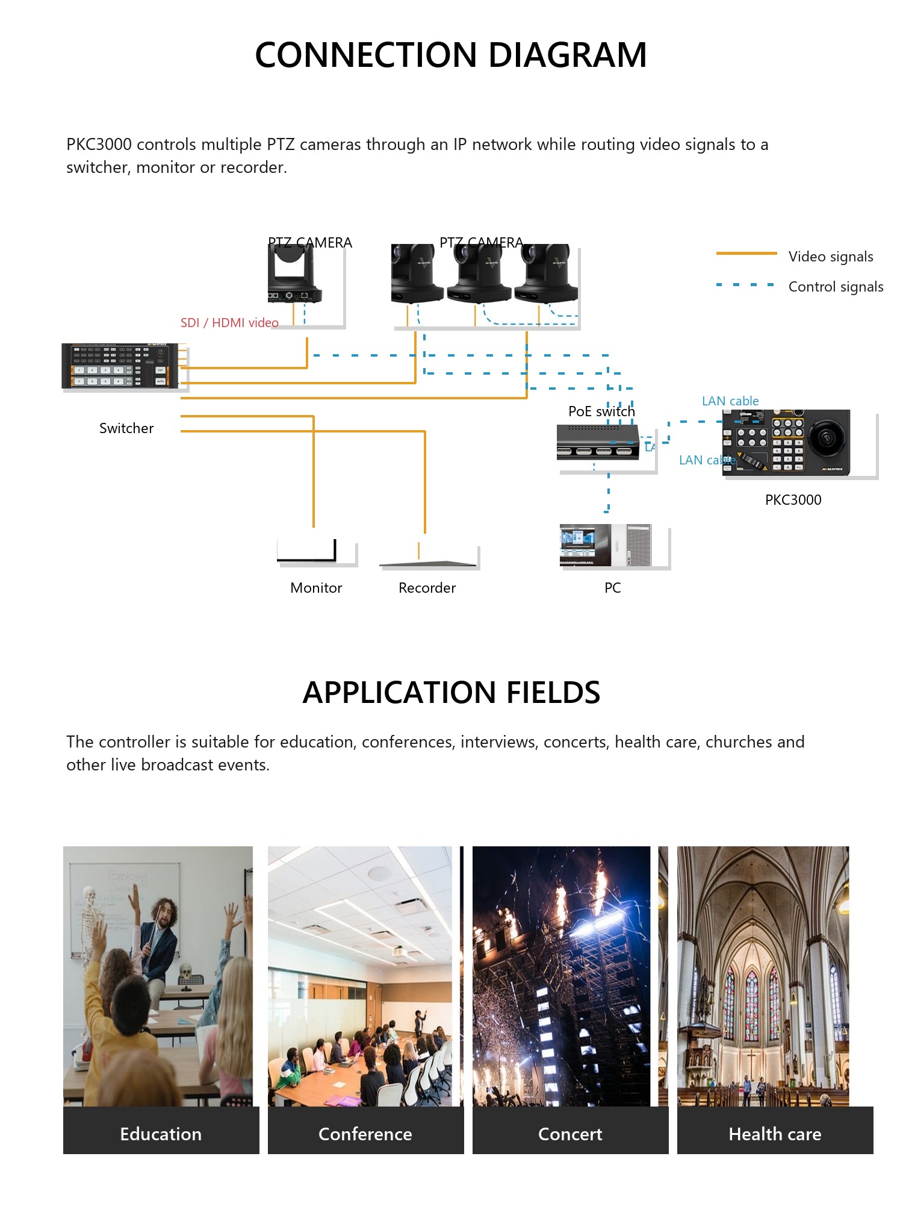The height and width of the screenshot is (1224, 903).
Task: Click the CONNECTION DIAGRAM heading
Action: point(451,55)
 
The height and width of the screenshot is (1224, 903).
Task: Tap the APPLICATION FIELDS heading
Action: point(451,692)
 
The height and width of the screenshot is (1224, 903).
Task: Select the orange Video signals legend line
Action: point(746,254)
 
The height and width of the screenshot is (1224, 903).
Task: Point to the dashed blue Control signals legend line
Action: point(745,284)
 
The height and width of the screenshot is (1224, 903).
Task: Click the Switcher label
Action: point(126,428)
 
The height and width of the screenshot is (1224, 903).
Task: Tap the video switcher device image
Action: point(120,366)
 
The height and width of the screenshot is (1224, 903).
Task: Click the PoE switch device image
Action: point(598,442)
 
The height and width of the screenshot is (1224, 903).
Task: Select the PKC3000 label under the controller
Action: point(793,500)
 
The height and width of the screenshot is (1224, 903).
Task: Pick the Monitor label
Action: point(316,588)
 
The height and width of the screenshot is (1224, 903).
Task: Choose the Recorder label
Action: point(427,588)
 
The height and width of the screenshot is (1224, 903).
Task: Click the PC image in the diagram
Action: point(606,545)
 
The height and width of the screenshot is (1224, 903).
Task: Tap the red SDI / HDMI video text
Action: point(229,323)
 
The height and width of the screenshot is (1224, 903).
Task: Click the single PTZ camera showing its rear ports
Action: point(295,274)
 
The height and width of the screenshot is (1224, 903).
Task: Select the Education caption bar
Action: point(161,1130)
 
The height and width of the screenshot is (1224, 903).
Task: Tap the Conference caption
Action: point(365,1134)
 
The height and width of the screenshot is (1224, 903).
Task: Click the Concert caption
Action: point(570,1134)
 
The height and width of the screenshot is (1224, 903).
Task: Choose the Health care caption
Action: point(775,1134)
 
